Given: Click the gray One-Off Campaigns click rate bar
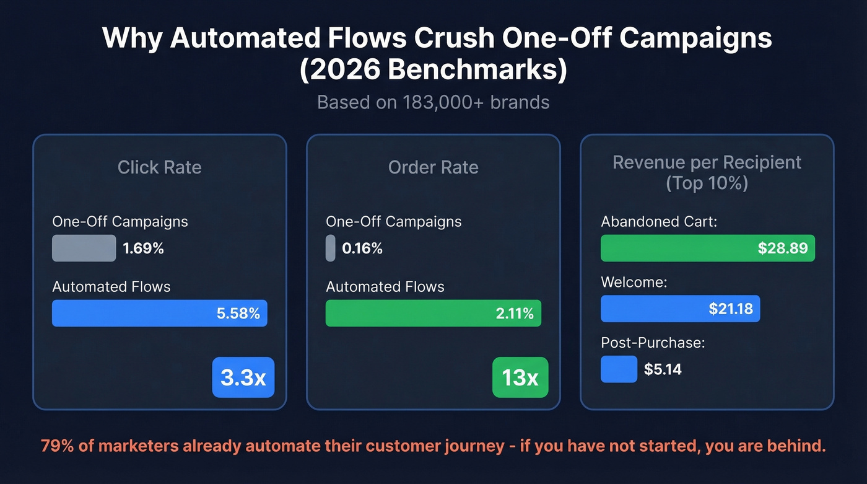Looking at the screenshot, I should pos(84,248).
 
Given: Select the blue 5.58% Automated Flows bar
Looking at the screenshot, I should pos(159,313).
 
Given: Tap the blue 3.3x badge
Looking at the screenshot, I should pos(243,377).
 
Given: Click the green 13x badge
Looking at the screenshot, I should pos(520,377).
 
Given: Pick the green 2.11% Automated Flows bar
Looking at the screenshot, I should pos(433,313).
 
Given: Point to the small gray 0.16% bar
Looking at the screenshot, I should pos(330,248).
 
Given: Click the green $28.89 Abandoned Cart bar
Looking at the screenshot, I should pos(707,248).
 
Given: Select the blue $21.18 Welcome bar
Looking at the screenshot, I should pos(679,308).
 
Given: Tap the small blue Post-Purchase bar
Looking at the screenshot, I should pos(619,369).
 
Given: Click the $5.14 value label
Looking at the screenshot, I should pos(663,369).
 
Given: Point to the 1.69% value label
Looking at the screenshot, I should pos(143,249).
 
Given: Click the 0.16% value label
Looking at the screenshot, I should pos(362,249).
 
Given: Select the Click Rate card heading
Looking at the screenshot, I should pos(159,167).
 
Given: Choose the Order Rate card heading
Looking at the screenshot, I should pos(433,167).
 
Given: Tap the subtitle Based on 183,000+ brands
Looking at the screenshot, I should pos(433,102).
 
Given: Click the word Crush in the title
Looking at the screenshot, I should pos(451,38).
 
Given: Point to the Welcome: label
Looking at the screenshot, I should pos(634,283).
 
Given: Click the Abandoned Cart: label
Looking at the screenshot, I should pos(658,221).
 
